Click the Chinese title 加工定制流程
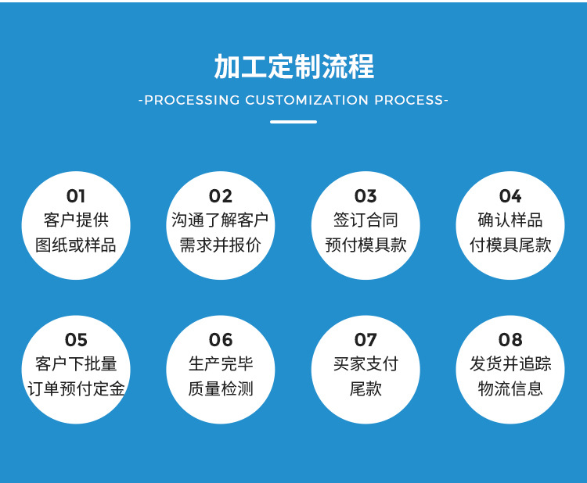(293, 67)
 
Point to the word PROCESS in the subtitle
(408, 100)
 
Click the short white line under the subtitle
(293, 122)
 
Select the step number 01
(76, 196)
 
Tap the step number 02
(221, 196)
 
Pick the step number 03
(366, 196)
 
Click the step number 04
(510, 196)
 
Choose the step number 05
(76, 340)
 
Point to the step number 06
(221, 340)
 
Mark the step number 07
(366, 340)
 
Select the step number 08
(510, 340)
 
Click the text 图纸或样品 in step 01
(76, 245)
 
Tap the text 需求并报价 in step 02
(221, 245)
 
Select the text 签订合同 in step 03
(366, 220)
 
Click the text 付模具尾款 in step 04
(510, 245)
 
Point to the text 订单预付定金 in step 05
(76, 388)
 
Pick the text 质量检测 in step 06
(221, 388)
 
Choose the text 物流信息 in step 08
(510, 388)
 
